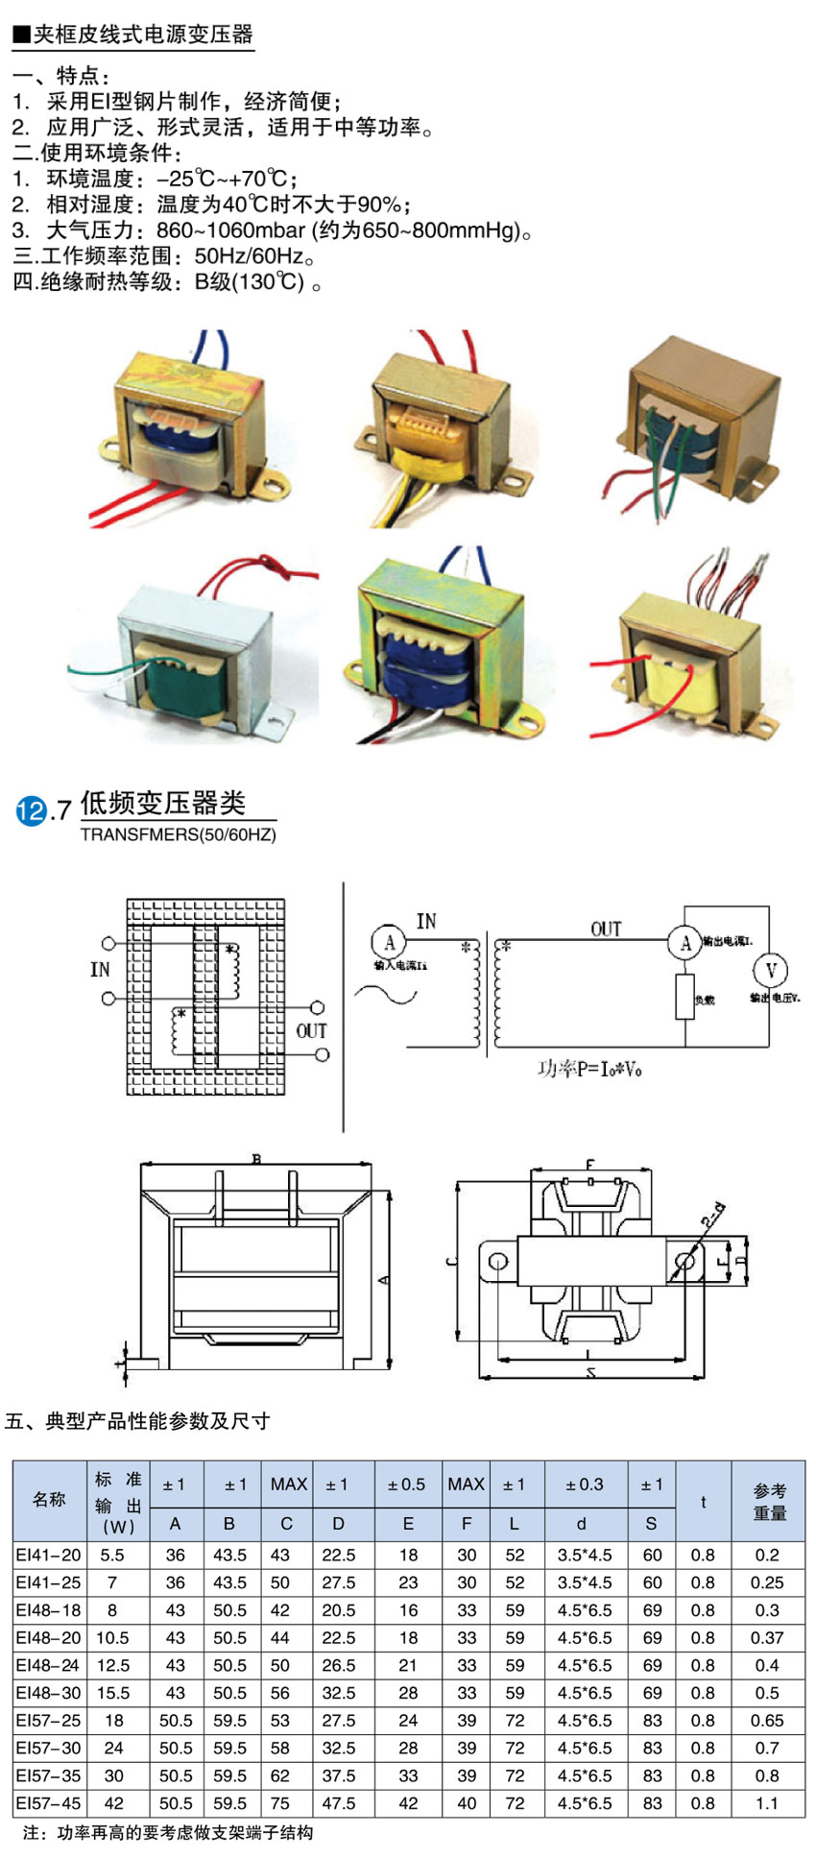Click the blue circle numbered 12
pyautogui.click(x=31, y=811)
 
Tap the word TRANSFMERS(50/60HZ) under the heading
pyautogui.click(x=178, y=834)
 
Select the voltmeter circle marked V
pyautogui.click(x=769, y=969)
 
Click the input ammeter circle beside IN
pyautogui.click(x=389, y=942)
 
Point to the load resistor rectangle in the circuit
pyautogui.click(x=684, y=996)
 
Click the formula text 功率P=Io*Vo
pyautogui.click(x=589, y=1069)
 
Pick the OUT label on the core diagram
pyautogui.click(x=311, y=1031)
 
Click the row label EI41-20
pyautogui.click(x=49, y=1555)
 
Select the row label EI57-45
pyautogui.click(x=49, y=1803)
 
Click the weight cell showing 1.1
pyautogui.click(x=767, y=1803)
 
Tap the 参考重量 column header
pyautogui.click(x=769, y=1501)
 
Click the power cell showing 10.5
pyautogui.click(x=112, y=1637)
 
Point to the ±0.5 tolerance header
pyautogui.click(x=406, y=1485)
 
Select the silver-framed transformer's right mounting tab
pyautogui.click(x=277, y=715)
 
